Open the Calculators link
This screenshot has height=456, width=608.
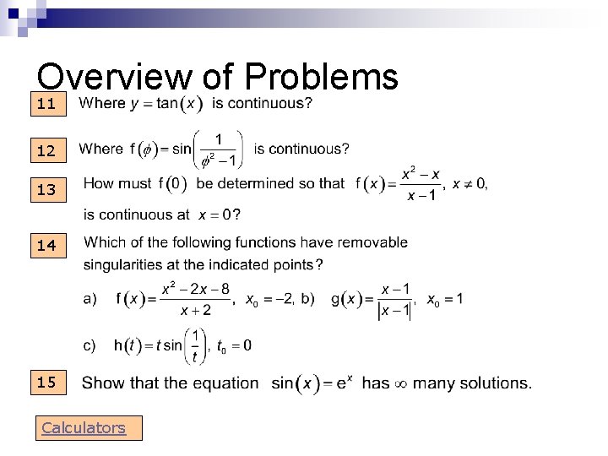tap(84, 428)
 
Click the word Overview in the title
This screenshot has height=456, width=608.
tap(114, 78)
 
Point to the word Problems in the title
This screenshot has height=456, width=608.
tap(321, 78)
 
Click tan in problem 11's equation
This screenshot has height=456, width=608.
tap(168, 104)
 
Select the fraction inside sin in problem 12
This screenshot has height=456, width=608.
tap(219, 149)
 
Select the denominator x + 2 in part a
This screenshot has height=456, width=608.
tap(195, 310)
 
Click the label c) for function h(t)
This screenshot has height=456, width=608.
tap(89, 345)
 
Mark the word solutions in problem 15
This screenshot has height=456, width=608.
tap(498, 383)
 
